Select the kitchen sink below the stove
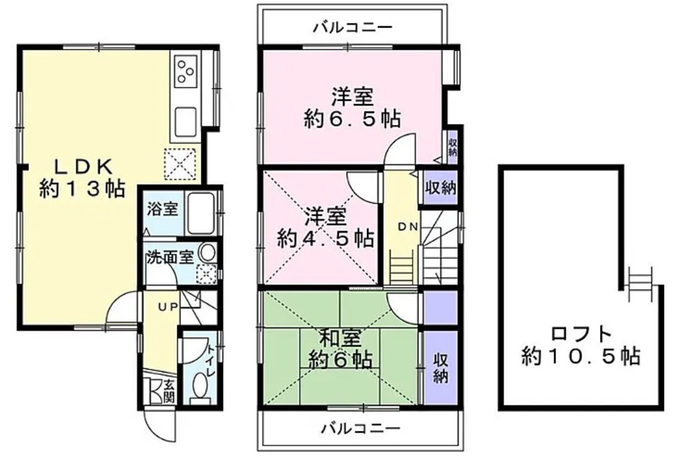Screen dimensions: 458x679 (185, 119)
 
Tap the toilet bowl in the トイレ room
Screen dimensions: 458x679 (200, 387)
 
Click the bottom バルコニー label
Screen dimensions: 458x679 (361, 428)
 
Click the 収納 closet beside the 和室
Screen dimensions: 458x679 (440, 368)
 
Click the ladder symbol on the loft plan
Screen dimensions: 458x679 (640, 283)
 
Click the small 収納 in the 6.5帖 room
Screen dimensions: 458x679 (452, 145)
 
